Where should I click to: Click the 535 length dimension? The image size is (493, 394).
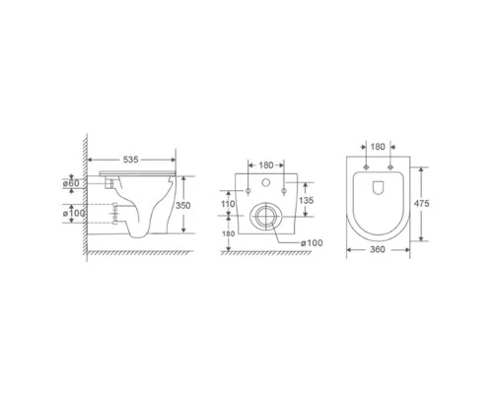(x=130, y=160)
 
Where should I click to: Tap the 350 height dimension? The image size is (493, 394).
(x=182, y=206)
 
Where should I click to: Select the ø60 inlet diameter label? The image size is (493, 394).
(x=71, y=183)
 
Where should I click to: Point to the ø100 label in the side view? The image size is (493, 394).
(x=74, y=213)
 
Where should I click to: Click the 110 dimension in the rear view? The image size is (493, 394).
(x=228, y=204)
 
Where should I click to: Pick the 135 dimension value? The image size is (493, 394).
(x=307, y=200)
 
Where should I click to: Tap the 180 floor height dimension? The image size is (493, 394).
(x=229, y=233)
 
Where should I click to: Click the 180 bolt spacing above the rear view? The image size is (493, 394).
(x=266, y=165)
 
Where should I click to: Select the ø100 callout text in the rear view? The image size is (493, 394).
(x=312, y=243)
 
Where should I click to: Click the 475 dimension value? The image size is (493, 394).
(x=421, y=204)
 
